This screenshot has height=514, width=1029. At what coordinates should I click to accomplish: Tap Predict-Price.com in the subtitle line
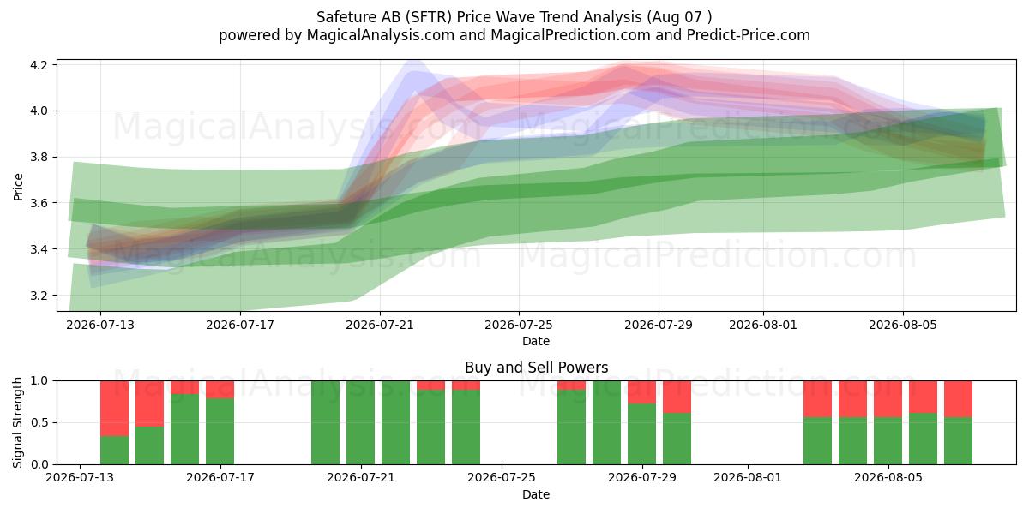pos(749,35)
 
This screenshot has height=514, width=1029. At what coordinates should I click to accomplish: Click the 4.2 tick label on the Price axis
pos(39,65)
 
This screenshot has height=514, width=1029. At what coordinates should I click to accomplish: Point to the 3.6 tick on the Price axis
pos(39,203)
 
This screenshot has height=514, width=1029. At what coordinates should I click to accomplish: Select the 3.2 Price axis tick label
pos(39,295)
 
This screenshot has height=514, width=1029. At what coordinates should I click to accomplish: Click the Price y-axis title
pos(18,187)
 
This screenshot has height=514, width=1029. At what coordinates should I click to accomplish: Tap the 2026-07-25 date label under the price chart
pos(519,325)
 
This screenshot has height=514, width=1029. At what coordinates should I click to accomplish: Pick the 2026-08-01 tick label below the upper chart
pos(763,325)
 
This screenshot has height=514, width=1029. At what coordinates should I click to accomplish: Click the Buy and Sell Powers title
pos(536,368)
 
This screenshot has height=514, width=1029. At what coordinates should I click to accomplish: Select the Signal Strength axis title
pos(17,422)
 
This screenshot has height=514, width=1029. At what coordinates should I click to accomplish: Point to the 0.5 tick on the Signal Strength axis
pos(39,422)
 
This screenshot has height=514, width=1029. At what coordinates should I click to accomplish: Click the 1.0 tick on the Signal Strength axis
pos(39,380)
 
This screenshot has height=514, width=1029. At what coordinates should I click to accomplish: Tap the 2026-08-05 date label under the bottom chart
pos(888,477)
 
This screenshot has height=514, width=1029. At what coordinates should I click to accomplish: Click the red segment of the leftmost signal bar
pos(114,409)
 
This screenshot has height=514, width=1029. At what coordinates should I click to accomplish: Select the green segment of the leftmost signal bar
pos(114,451)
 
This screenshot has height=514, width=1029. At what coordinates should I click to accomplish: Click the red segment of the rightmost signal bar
pos(958,399)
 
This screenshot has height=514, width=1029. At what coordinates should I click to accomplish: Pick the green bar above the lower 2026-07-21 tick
pos(361,422)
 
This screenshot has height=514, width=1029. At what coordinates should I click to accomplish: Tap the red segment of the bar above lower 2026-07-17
pos(220,390)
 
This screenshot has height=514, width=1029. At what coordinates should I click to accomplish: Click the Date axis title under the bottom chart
pos(536,494)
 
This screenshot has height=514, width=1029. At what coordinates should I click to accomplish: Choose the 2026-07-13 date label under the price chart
pos(100,325)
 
